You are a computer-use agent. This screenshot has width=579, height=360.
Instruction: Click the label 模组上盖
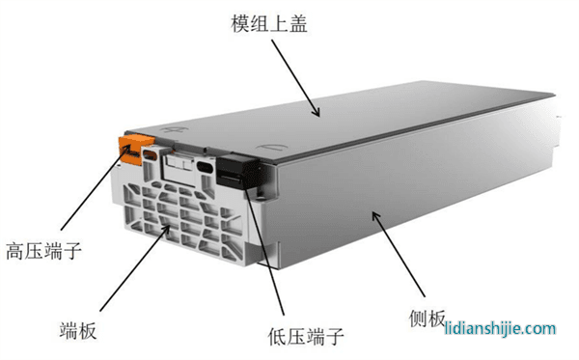coord(269,24)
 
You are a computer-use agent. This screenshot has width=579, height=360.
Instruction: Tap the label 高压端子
coord(43,251)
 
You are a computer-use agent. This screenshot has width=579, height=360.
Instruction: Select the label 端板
coord(78,330)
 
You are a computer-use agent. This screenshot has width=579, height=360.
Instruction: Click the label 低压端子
coord(306,337)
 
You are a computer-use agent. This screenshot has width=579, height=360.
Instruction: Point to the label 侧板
coord(427,318)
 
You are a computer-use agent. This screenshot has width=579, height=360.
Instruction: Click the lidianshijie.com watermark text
coord(500,328)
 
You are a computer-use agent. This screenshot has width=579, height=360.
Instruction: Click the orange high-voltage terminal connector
coord(135,150)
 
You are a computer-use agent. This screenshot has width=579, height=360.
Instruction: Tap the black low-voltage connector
coord(236,172)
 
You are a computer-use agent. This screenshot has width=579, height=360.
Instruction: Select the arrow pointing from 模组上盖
coord(295,78)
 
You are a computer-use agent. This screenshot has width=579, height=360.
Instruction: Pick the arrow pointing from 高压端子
coord(96,187)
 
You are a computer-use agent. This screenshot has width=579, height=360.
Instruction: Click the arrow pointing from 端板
coord(135,267)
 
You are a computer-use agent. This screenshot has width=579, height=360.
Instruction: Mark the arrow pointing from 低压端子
coord(264,253)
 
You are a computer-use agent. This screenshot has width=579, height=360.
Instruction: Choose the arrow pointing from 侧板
coord(399,254)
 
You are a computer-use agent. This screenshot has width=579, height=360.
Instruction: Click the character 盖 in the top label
coord(298,24)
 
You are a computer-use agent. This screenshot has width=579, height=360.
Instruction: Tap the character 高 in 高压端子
coord(14,251)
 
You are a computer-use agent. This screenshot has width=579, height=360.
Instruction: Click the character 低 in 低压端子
coord(277,337)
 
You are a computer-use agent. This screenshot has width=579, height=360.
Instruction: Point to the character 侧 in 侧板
coord(418,318)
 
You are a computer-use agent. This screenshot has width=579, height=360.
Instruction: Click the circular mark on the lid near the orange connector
coord(174,130)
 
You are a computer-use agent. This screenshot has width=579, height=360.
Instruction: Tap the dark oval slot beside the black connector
coord(205,167)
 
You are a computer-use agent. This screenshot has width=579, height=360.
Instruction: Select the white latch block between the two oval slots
coord(179,162)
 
